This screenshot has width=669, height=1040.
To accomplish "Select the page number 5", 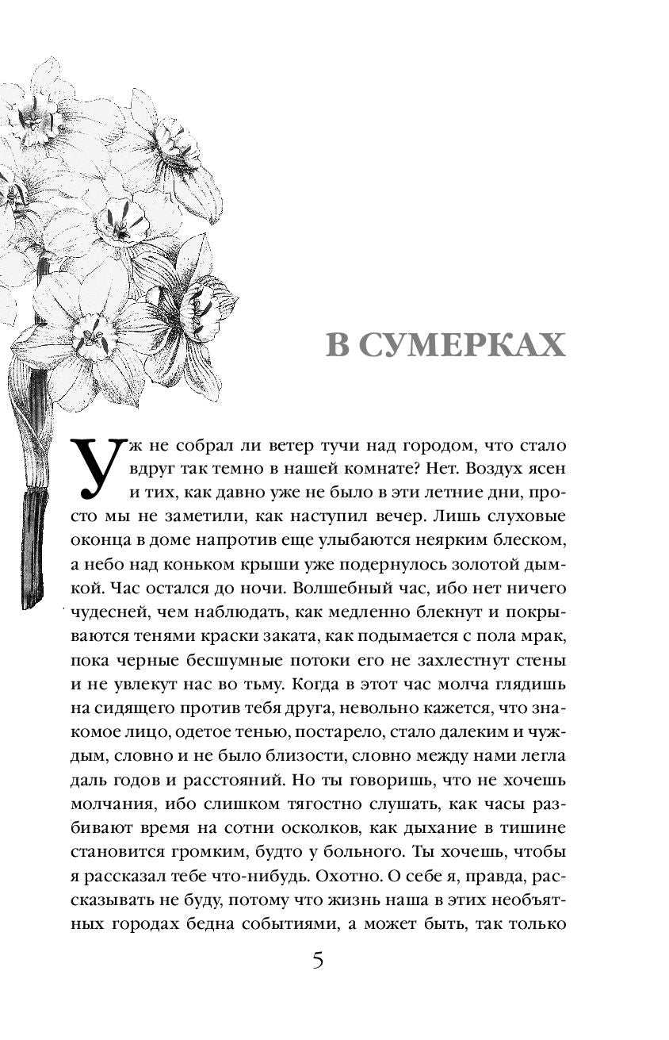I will click(x=318, y=961).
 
